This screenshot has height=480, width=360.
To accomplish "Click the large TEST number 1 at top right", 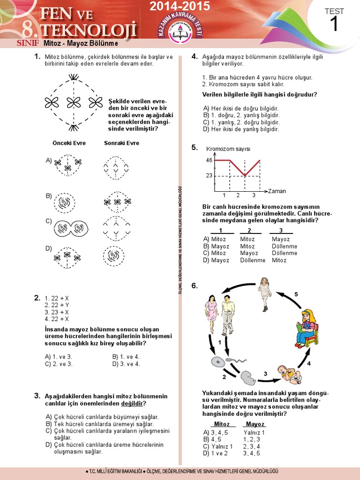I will (334, 23).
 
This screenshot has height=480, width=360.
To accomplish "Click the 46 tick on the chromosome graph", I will (209, 160).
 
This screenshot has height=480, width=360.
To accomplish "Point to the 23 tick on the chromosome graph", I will (209, 176).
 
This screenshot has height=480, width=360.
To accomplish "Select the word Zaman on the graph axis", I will (277, 191).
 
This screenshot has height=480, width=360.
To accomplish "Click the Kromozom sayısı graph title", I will (228, 149).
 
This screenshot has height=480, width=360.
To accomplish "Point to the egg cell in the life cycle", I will (217, 362).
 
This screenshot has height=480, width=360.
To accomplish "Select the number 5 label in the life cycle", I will (296, 294).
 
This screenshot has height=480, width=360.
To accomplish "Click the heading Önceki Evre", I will (69, 143).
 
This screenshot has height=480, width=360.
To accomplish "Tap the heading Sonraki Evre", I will (121, 143).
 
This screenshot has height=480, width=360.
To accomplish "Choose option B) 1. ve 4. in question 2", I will (126, 356).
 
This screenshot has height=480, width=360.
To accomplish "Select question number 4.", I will (194, 56).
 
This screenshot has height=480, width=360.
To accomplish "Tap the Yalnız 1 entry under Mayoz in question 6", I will (254, 432).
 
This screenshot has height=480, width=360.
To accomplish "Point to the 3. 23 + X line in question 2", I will (57, 312).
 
